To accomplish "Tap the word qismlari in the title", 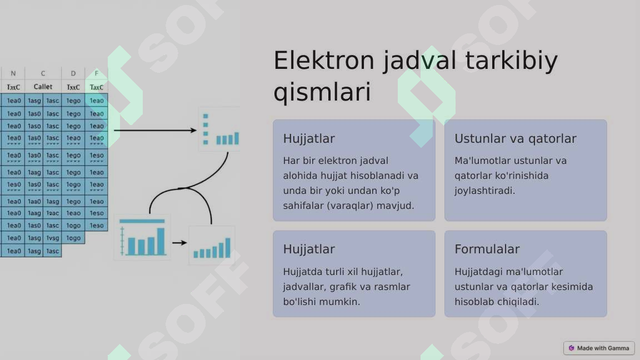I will point(322,93).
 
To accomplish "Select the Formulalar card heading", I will point(487,249).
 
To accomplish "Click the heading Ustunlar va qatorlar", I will point(515,138).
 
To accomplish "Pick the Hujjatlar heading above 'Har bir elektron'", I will point(308,138).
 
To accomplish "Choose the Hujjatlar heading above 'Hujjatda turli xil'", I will point(308,249).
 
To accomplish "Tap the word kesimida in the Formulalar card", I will point(572,287).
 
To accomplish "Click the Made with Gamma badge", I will point(598,348).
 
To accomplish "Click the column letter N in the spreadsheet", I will point(13,73).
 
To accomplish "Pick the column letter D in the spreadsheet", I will point(73,73).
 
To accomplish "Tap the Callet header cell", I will point(43,87).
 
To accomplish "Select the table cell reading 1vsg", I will point(52,238).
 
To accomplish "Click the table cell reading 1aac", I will point(52,213).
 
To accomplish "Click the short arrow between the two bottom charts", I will point(179,243).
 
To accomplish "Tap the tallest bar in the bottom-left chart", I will point(161,241).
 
